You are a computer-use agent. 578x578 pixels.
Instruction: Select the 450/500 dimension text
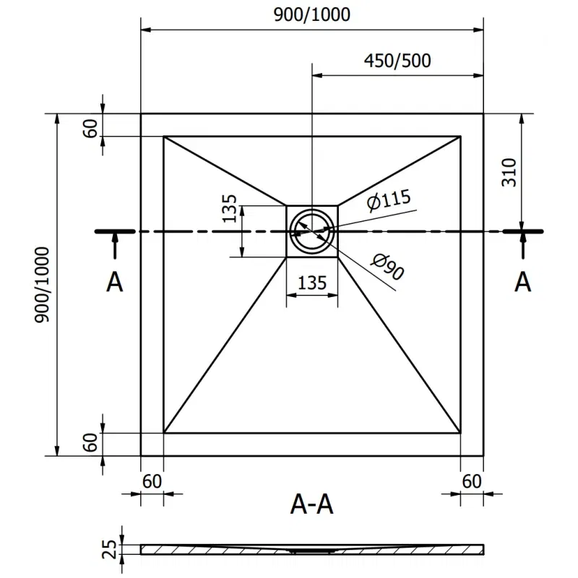click(397, 61)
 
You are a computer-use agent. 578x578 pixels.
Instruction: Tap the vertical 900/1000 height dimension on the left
click(43, 285)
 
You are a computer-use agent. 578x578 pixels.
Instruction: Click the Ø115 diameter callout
click(387, 200)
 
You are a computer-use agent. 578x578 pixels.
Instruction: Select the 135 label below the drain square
click(312, 282)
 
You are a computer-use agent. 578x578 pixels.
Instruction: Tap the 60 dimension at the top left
click(90, 127)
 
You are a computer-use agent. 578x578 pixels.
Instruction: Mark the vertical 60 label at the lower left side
click(90, 443)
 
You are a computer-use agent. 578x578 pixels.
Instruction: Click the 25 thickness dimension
click(109, 550)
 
